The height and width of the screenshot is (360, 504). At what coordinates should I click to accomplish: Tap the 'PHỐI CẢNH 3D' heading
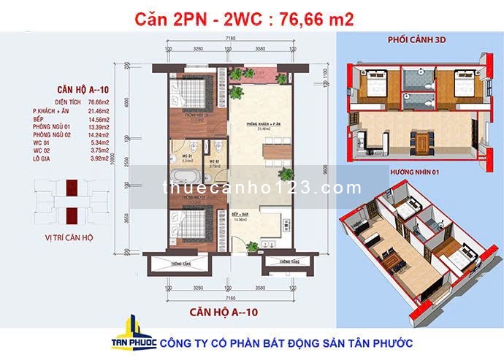click(x=418, y=52)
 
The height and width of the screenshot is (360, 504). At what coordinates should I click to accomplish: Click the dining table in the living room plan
click(x=257, y=158)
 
